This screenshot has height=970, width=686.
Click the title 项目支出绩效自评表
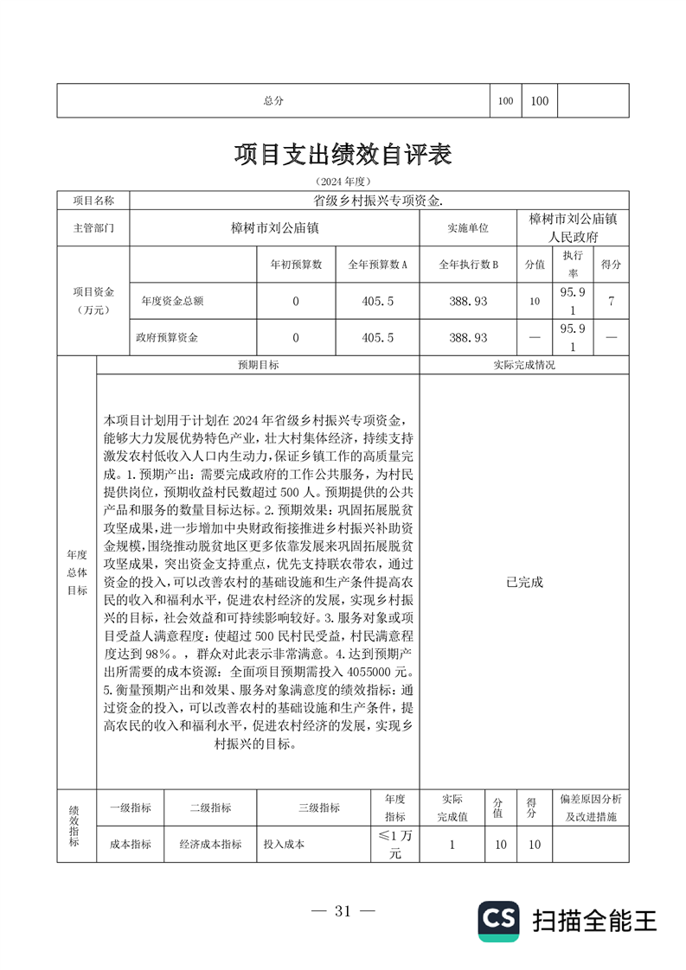coord(343,155)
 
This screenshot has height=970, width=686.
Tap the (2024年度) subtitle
coord(343,182)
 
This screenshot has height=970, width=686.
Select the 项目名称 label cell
coord(93,200)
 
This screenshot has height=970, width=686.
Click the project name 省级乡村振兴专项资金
coord(378,200)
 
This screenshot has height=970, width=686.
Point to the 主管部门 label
coord(93,228)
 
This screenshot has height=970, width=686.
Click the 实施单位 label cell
coord(467,228)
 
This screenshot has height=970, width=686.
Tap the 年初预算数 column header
coord(296,264)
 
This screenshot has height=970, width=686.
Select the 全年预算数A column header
coord(377,264)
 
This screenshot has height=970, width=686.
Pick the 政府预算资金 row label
coord(170,338)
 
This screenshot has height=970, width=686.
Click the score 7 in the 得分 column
coord(612,302)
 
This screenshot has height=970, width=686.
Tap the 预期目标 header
coord(258,365)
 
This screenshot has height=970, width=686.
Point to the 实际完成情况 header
coord(524,365)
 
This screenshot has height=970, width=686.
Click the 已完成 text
coord(524,582)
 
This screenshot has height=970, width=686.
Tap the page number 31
coord(343,910)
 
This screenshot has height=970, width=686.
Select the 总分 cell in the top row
coord(273,100)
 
